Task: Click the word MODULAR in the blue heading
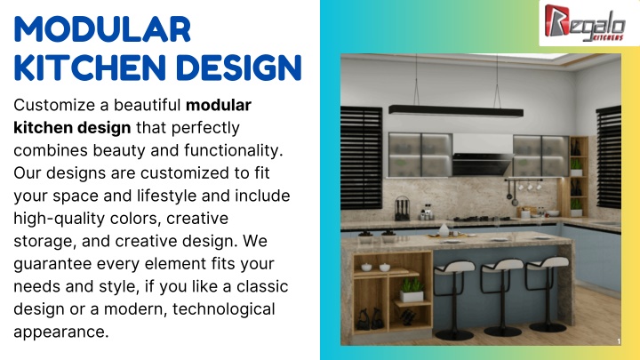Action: coord(102,29)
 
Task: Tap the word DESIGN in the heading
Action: coord(239,68)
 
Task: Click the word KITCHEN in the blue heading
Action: coord(90,68)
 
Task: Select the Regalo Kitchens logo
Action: coord(585,23)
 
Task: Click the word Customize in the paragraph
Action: coord(54,105)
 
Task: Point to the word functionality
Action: coord(234,150)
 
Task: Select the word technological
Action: coord(224,309)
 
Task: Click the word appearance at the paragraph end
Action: coord(61,332)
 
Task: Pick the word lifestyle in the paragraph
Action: coord(166,196)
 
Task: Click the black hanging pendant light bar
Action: coord(456,111)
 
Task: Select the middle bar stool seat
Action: coord(502,265)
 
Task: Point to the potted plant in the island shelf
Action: coord(412,290)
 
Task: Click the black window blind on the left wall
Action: coord(361,157)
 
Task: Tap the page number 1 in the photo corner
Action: coord(619,341)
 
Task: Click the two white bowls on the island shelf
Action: coord(375,267)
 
